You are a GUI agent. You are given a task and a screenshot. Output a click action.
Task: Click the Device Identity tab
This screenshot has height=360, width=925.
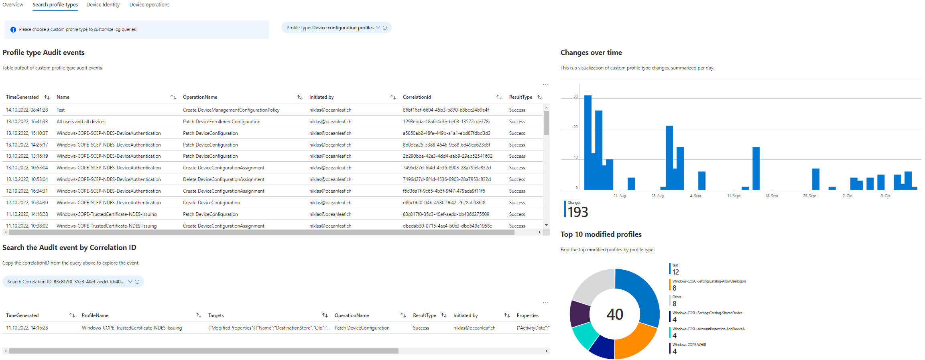[x=103, y=5]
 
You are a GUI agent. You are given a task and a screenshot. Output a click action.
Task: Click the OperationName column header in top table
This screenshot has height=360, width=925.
[x=200, y=97]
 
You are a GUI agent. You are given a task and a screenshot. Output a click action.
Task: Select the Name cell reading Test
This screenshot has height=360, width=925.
[x=61, y=110]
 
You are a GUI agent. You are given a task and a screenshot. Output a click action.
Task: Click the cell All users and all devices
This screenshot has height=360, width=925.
[x=81, y=122]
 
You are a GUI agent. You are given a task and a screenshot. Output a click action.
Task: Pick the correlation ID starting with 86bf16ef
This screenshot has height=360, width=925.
[x=445, y=110]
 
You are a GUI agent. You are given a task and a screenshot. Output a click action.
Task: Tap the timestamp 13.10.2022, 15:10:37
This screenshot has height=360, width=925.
[x=27, y=133]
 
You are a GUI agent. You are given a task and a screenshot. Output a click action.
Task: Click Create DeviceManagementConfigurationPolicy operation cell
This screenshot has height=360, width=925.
[x=231, y=110]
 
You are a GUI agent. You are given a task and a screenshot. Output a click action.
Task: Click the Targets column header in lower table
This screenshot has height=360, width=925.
[x=216, y=315]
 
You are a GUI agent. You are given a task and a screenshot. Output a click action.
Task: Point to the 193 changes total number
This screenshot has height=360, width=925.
[x=577, y=212]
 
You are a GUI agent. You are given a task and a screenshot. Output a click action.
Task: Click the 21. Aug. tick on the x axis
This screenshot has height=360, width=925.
[x=620, y=196]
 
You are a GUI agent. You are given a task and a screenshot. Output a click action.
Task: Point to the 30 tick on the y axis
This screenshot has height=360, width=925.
[x=575, y=96]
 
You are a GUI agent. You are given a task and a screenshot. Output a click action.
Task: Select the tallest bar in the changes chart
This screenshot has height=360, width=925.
[x=588, y=142]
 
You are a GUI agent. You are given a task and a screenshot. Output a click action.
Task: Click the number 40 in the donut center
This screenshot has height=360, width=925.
[x=614, y=314]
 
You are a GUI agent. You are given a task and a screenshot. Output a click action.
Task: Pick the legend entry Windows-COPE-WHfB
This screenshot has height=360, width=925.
[x=689, y=345]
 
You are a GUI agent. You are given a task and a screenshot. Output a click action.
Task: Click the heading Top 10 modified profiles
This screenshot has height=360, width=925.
[x=601, y=234]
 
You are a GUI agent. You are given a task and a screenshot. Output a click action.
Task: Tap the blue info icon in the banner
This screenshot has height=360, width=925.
[x=13, y=30]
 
